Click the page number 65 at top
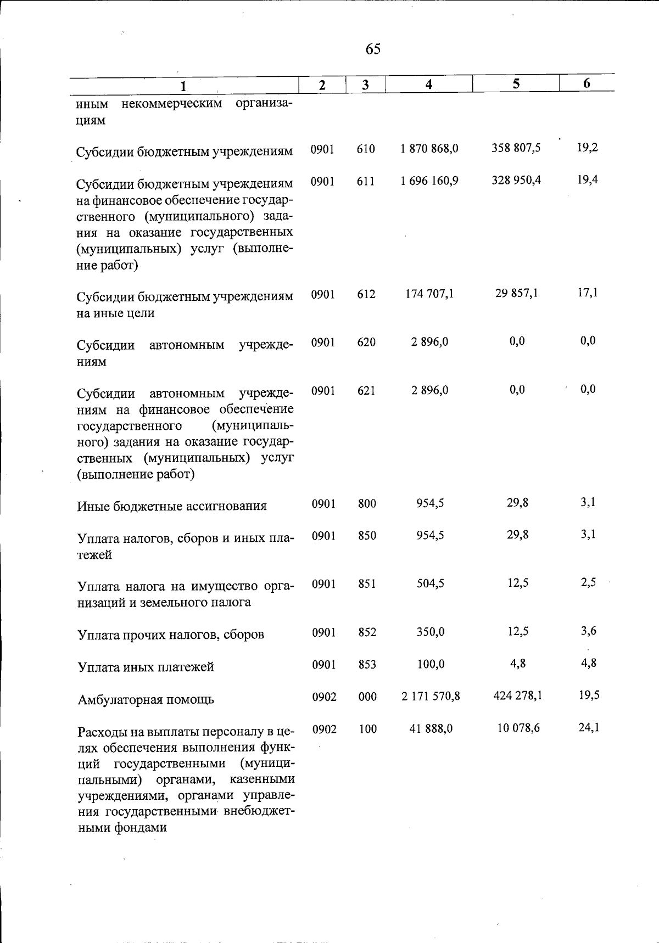(373, 49)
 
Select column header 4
(428, 84)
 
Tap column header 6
(587, 83)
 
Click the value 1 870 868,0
(429, 148)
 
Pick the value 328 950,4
(516, 180)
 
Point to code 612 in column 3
(366, 294)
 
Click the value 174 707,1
(429, 294)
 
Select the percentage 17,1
(588, 293)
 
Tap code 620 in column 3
(366, 343)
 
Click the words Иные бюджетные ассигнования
(172, 506)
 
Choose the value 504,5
(430, 583)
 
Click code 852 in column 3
(367, 632)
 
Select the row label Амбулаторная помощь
(146, 700)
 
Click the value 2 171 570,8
(430, 697)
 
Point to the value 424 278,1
(517, 696)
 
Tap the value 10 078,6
(518, 728)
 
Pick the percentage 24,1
(589, 728)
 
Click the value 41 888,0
(431, 729)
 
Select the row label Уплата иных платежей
(146, 667)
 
